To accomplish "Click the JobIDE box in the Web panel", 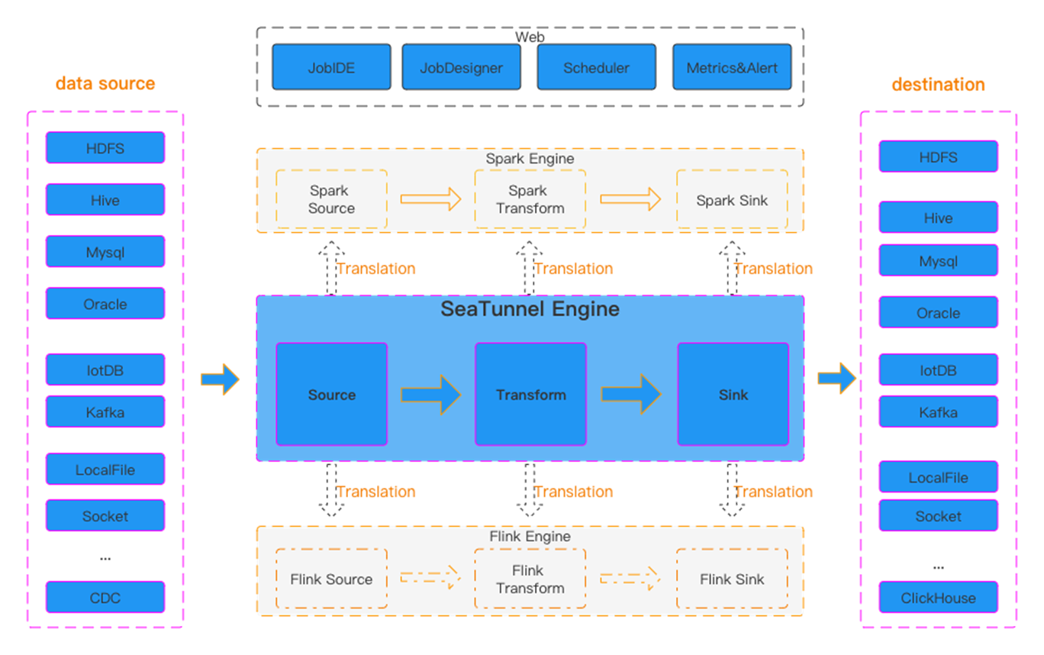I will pyautogui.click(x=331, y=67).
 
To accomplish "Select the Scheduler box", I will pyautogui.click(x=596, y=67).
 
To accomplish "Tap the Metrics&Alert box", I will pyautogui.click(x=732, y=67).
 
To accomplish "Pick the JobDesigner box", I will pyautogui.click(x=461, y=67).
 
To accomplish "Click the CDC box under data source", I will pyautogui.click(x=105, y=597).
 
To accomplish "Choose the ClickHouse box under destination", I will pyautogui.click(x=938, y=597).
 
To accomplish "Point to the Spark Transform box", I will pyautogui.click(x=530, y=199).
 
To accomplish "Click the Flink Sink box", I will pyautogui.click(x=732, y=579).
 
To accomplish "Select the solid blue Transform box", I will pyautogui.click(x=530, y=394).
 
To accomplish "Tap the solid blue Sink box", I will pyautogui.click(x=733, y=394).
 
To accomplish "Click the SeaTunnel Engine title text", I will pyautogui.click(x=530, y=309).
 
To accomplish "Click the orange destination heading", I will pyautogui.click(x=938, y=84).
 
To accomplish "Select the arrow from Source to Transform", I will pyautogui.click(x=431, y=394).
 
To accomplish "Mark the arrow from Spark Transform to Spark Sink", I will pyautogui.click(x=630, y=199).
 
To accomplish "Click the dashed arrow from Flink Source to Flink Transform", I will pyautogui.click(x=431, y=577).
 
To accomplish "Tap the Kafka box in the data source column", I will pyautogui.click(x=105, y=411).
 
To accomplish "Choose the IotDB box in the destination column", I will pyautogui.click(x=938, y=370).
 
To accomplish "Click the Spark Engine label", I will pyautogui.click(x=530, y=159).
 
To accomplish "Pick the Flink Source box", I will pyautogui.click(x=331, y=579).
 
